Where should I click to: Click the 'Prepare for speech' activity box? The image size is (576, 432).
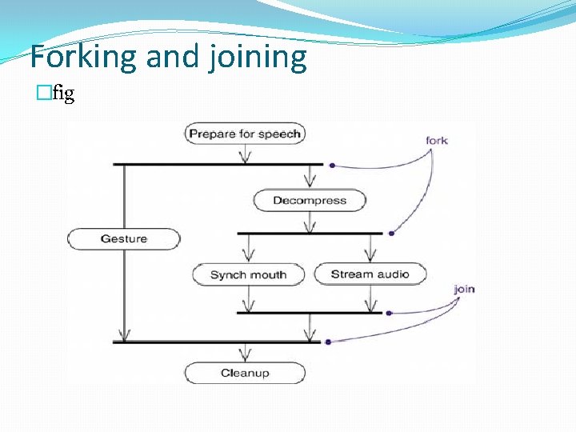(245, 134)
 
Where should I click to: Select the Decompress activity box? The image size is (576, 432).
(309, 200)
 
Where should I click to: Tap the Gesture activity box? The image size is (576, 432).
(124, 238)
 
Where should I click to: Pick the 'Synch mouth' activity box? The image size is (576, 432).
(248, 274)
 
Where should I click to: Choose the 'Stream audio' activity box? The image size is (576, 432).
(370, 274)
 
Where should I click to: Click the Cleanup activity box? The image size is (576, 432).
(245, 373)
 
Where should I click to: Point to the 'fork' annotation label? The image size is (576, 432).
(437, 141)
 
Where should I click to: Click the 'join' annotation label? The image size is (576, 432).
(464, 288)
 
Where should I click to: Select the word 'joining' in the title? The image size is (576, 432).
(258, 58)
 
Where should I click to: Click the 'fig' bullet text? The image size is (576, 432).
(64, 94)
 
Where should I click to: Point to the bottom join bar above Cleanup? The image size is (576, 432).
(216, 342)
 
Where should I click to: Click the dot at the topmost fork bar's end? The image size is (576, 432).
(331, 166)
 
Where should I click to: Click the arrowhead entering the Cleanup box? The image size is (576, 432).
(245, 355)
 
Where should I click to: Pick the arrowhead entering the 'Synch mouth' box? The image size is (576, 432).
(248, 257)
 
